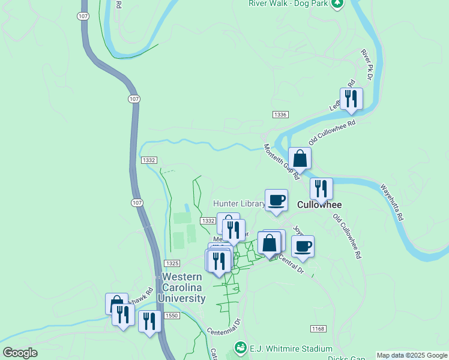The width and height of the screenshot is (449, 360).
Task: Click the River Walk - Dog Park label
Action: pyautogui.click(x=289, y=3)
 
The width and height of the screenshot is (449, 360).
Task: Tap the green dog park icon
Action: pyautogui.click(x=338, y=3)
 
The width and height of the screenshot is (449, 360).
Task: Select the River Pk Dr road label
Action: pyautogui.click(x=367, y=65)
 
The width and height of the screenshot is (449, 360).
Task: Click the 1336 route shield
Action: pyautogui.click(x=280, y=115)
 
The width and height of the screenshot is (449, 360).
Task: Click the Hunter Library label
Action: pyautogui.click(x=239, y=204)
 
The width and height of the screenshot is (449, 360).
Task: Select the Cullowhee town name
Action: pyautogui.click(x=319, y=204)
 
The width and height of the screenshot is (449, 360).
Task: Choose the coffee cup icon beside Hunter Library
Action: pyautogui.click(x=276, y=200)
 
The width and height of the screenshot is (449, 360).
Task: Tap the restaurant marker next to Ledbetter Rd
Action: pyautogui.click(x=351, y=98)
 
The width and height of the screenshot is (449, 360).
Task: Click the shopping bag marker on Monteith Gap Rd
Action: pyautogui.click(x=300, y=159)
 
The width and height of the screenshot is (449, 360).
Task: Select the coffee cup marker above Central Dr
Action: pyautogui.click(x=303, y=246)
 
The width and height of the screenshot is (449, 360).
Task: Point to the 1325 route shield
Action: pyautogui.click(x=172, y=263)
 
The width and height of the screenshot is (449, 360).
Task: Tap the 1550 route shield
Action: pyautogui.click(x=172, y=316)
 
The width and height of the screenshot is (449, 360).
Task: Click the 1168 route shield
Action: pyautogui.click(x=318, y=329)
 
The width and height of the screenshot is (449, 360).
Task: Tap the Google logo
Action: pyautogui.click(x=20, y=353)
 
